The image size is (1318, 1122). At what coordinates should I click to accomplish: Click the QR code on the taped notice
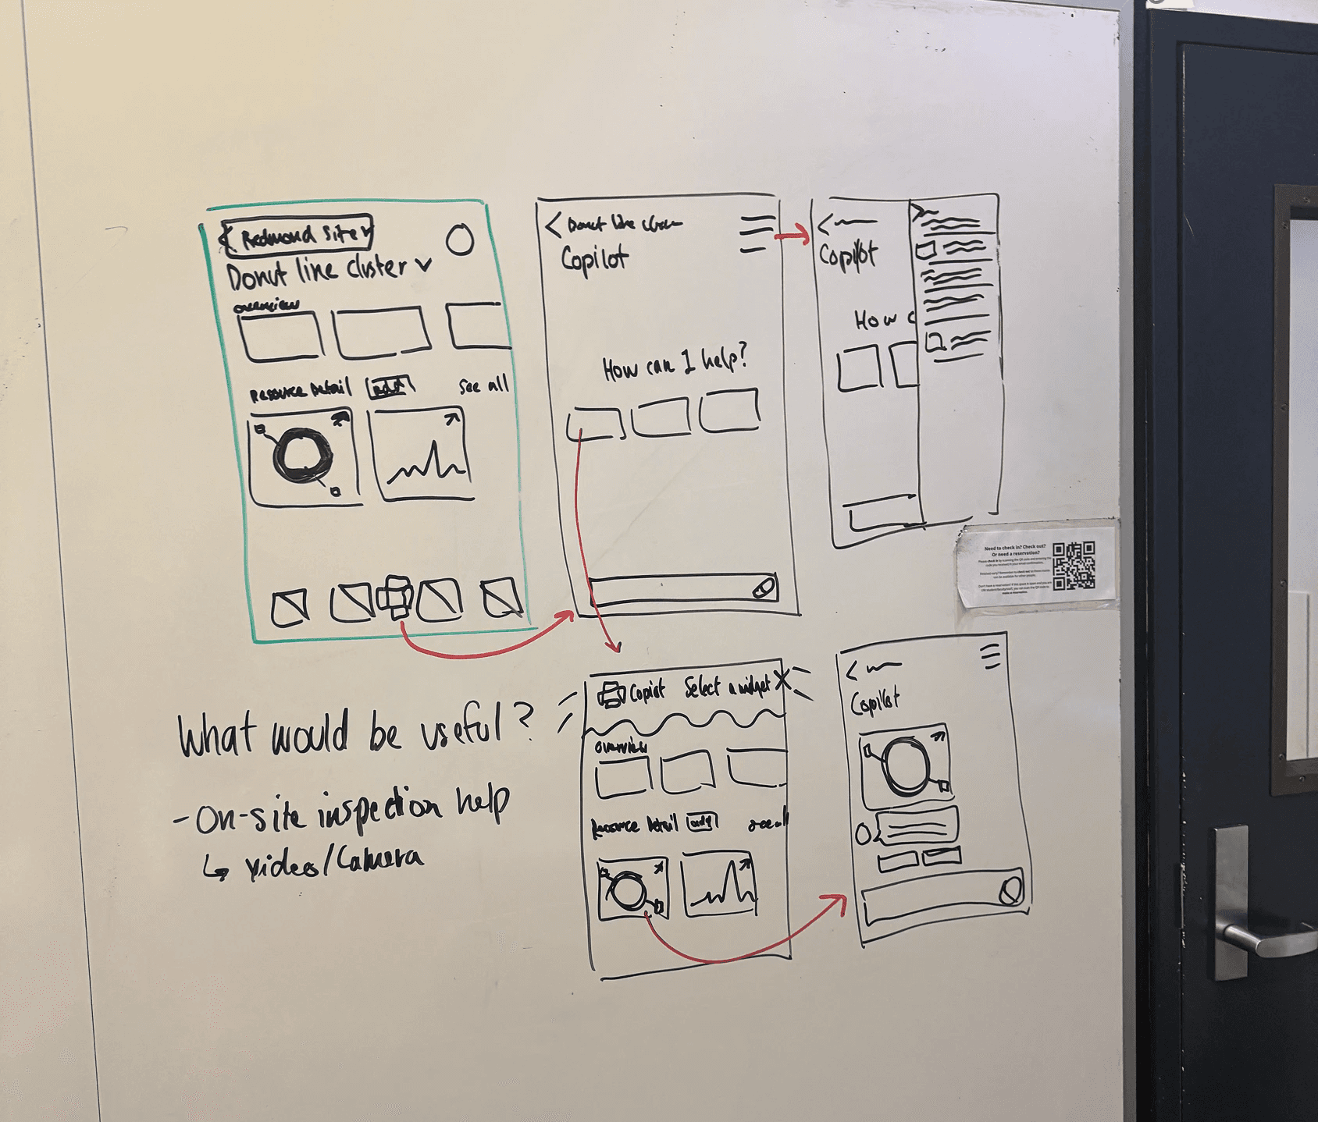(x=1074, y=566)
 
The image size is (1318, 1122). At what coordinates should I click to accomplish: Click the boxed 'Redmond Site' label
(x=297, y=233)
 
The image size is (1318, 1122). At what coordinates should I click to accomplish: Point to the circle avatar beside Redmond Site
(x=460, y=240)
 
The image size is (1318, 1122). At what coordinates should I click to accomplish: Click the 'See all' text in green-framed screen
(x=483, y=385)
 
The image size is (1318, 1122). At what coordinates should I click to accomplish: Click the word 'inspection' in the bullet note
(x=379, y=811)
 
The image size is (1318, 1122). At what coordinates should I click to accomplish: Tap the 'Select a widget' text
(x=726, y=687)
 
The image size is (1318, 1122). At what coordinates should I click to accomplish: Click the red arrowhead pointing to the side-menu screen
(x=804, y=236)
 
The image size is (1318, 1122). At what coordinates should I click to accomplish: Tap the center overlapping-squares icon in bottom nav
(x=395, y=598)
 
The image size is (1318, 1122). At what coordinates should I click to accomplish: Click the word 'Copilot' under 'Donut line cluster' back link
(x=594, y=258)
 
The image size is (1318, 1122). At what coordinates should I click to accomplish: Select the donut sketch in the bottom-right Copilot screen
(x=905, y=765)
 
